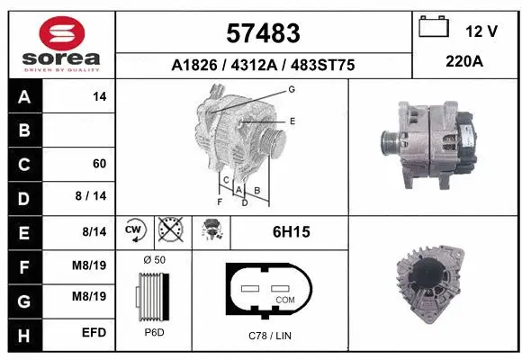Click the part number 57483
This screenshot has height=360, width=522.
point(263,33)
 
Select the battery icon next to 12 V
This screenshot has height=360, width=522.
point(434,28)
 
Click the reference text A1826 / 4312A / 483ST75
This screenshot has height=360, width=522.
point(262,65)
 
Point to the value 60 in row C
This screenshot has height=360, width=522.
point(99,164)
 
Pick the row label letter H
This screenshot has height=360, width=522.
point(23,333)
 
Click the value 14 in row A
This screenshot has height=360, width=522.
point(99,96)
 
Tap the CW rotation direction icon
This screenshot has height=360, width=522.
point(134,231)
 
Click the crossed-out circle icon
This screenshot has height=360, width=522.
point(169,231)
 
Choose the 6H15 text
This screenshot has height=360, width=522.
point(291,232)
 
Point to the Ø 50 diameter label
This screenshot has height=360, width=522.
point(154,261)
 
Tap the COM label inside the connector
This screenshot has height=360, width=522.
point(284,299)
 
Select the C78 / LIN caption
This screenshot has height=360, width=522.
point(270,335)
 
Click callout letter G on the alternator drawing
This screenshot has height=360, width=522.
point(292,89)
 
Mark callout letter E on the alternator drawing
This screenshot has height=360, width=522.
point(292,120)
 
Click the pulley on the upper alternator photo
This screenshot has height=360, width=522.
point(391,144)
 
